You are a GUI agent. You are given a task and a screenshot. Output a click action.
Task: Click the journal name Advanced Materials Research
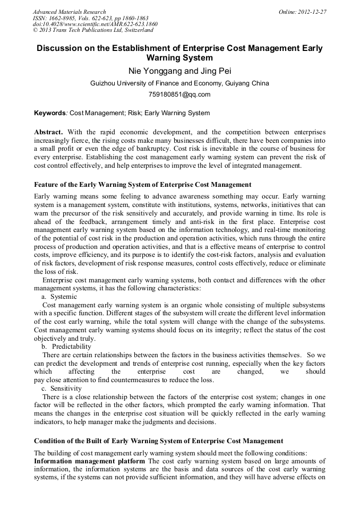point(69,12)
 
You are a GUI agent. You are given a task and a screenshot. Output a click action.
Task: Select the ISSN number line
point(90,18)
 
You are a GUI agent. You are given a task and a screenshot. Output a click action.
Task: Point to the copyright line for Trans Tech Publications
point(93,31)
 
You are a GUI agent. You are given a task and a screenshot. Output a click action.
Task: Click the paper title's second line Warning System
point(179,58)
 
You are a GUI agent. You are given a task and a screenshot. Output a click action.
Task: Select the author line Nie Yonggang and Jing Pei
point(179,71)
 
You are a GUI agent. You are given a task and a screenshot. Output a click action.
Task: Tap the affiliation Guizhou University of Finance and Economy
point(179,83)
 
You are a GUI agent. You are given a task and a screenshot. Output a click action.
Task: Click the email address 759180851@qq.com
point(179,95)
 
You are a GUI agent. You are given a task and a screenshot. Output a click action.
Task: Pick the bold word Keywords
point(49,113)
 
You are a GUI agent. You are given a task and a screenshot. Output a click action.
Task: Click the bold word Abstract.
point(49,131)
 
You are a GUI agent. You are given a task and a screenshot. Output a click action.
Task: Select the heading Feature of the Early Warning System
point(142,185)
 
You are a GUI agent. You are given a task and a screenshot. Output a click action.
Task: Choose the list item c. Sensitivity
point(62,389)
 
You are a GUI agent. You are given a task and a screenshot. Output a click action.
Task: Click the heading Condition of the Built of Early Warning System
point(158,441)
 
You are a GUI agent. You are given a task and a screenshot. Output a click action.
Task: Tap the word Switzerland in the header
point(135,31)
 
